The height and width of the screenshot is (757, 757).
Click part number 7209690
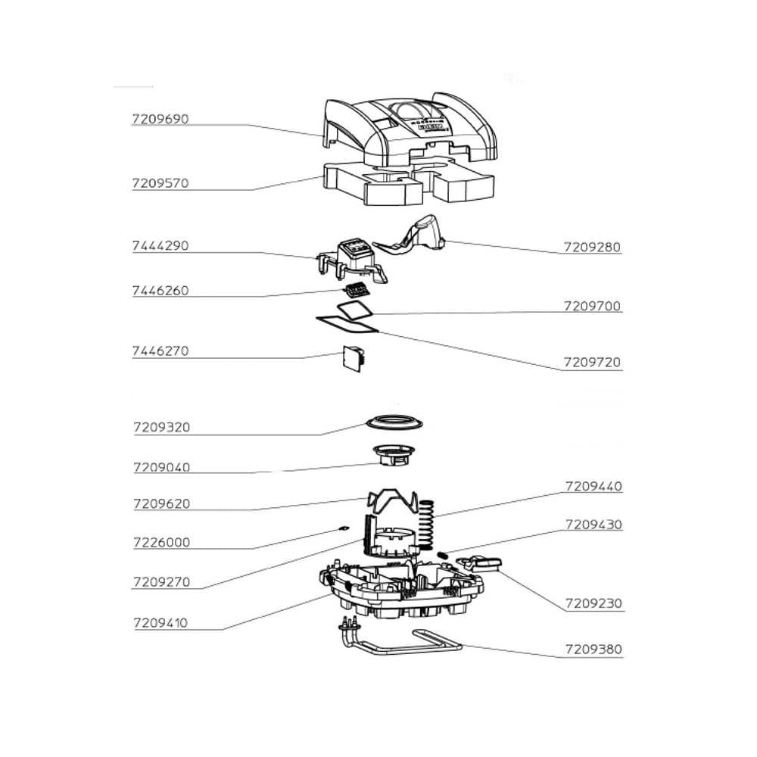160,120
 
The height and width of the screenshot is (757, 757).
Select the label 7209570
160,183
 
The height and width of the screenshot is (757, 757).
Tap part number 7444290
160,246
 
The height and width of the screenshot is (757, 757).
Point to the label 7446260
160,291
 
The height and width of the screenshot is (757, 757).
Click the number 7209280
593,247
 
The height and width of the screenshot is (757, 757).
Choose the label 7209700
593,307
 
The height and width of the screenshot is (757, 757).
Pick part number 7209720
593,363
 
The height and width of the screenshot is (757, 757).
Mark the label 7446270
160,351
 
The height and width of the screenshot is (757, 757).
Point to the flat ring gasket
394,421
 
